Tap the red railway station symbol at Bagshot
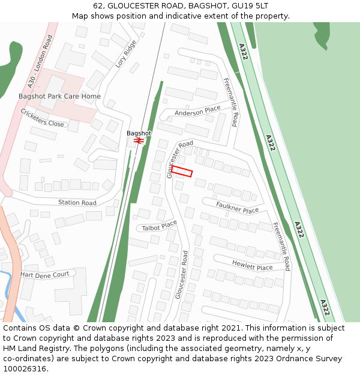[x=139, y=140]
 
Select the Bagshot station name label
[x=139, y=133]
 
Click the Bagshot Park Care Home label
[x=59, y=96]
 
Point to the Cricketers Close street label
[x=42, y=118]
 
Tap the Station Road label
[x=77, y=203]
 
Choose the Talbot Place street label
[x=160, y=226]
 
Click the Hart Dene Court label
[x=45, y=274]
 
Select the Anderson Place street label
[x=197, y=111]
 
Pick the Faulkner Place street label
[x=237, y=208]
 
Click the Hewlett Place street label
[x=252, y=264]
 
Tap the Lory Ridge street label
[x=126, y=53]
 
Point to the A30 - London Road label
[x=40, y=62]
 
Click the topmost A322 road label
[x=242, y=52]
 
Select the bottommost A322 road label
[x=324, y=308]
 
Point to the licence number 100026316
[x=25, y=369]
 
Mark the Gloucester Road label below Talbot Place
[x=182, y=275]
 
